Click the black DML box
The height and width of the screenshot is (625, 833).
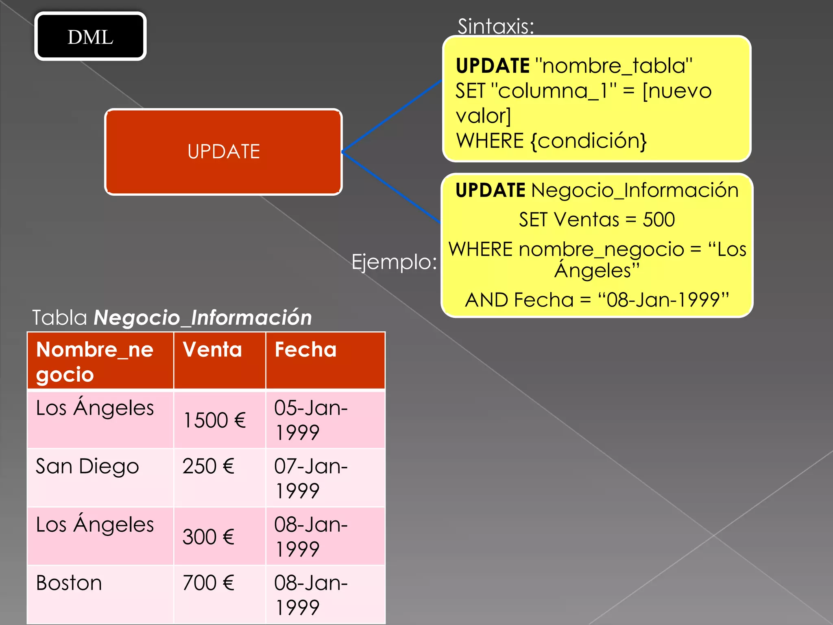[x=90, y=37]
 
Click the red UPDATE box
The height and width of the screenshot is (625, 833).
[x=223, y=152]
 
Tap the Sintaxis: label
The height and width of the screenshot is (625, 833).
[x=495, y=26]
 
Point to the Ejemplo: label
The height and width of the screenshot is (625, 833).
[x=394, y=262]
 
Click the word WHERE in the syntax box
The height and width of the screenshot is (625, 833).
[x=490, y=141]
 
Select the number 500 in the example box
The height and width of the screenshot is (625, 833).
[x=659, y=220]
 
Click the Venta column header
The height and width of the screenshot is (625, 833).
[x=212, y=350]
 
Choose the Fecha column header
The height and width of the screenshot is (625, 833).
[x=305, y=350]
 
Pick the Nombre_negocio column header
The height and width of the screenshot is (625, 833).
[x=95, y=361]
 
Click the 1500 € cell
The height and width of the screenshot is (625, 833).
[x=215, y=420]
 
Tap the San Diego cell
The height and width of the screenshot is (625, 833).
[x=87, y=466]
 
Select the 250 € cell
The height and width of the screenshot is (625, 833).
[x=208, y=466]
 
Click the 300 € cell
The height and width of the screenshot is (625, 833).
[x=208, y=537]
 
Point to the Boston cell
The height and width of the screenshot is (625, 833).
[x=69, y=583]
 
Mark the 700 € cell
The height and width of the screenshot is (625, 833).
[x=208, y=583]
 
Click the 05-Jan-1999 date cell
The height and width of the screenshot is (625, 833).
[x=311, y=420]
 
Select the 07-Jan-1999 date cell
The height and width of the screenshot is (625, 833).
[x=311, y=478]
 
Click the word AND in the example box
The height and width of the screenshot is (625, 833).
[x=486, y=300]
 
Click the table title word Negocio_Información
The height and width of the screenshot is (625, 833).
[x=203, y=317]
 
